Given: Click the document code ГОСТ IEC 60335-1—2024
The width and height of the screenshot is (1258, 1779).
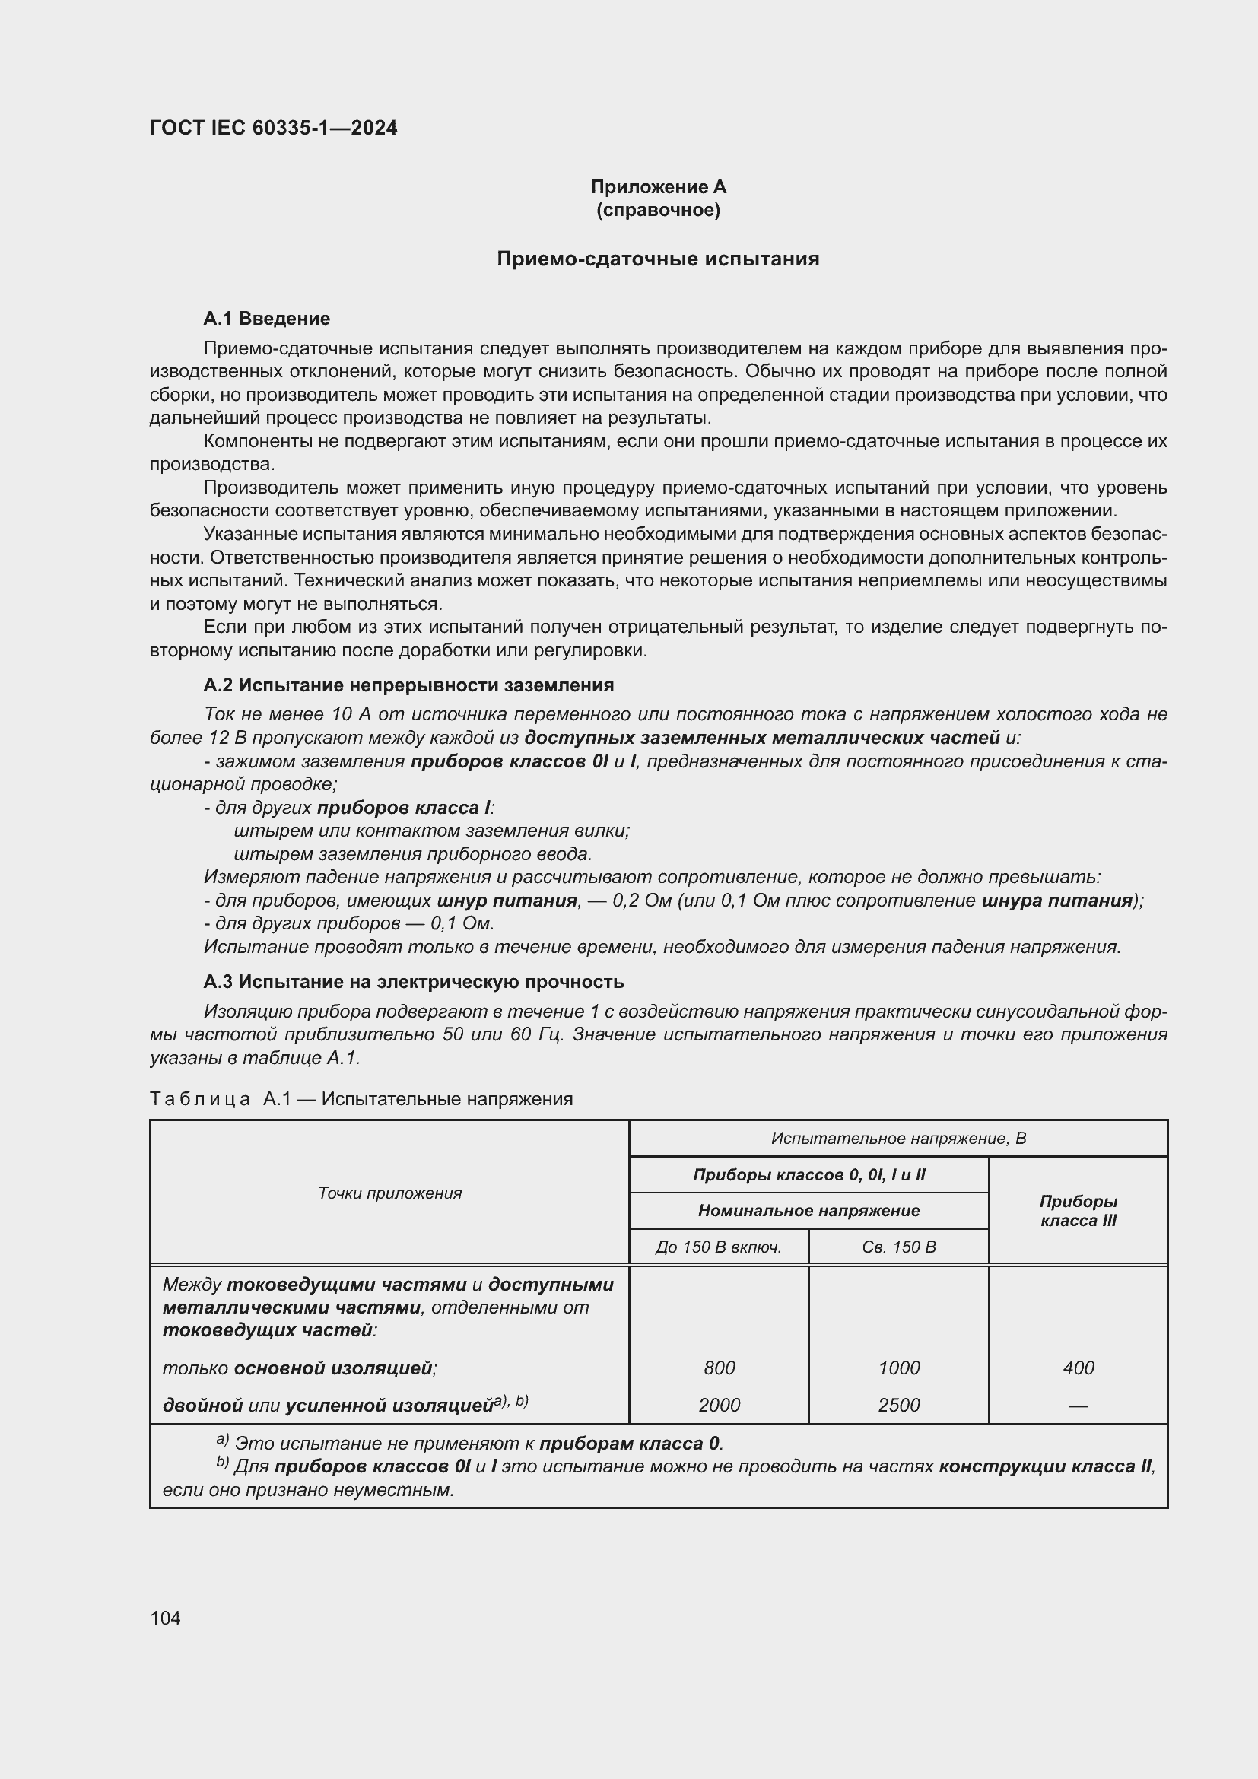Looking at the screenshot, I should point(273,128).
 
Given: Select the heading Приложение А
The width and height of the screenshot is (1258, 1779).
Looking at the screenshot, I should point(658,187).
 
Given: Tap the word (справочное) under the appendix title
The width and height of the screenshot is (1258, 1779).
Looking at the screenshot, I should point(658,211).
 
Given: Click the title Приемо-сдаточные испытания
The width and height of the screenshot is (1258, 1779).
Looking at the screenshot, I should point(658,259).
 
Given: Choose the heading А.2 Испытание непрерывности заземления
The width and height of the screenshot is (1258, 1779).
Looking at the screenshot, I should point(408,685).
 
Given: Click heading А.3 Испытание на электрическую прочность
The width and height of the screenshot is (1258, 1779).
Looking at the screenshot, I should point(413,982).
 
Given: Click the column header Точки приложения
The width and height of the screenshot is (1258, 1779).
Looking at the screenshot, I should point(389,1193).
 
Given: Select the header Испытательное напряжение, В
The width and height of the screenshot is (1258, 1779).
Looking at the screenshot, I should point(897,1139).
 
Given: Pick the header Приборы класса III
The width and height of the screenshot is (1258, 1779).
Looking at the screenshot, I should point(1078,1210).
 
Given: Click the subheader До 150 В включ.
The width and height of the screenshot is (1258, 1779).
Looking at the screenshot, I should point(718,1247).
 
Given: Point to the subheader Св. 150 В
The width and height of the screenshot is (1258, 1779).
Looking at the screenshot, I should point(897,1247).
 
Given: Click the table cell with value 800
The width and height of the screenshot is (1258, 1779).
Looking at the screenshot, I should point(719,1368).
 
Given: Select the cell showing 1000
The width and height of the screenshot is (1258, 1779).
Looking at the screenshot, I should point(898,1368).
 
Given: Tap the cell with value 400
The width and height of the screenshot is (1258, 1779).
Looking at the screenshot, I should point(1078,1368).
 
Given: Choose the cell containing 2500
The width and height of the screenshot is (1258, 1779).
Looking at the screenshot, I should point(898,1405).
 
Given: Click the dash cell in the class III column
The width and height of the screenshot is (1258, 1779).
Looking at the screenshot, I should point(1078,1405).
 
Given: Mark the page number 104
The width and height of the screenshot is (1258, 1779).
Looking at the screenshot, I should point(165,1618).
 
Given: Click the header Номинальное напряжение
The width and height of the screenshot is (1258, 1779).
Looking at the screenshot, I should point(808,1210).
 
